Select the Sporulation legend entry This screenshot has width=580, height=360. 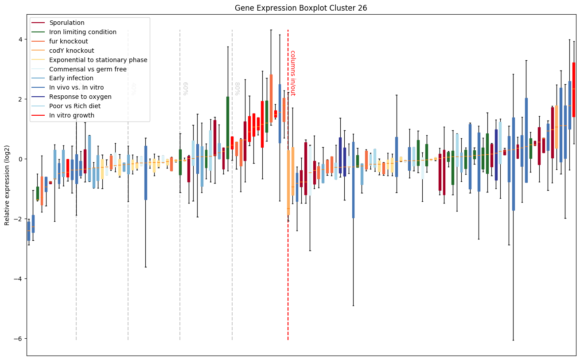point(67,23)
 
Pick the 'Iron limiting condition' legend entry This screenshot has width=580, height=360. point(83,32)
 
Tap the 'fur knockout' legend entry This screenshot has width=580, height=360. point(69,41)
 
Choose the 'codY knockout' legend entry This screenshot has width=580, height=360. point(71,51)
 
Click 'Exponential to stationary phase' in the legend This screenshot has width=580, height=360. point(98,60)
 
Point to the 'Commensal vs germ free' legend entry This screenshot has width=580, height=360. point(88,69)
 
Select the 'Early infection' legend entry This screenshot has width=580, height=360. point(71,78)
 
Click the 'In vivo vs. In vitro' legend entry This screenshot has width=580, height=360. point(76,88)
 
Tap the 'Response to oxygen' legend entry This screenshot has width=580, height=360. point(80,97)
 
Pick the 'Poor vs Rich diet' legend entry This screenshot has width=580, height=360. point(75,106)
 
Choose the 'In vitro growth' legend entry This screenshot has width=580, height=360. point(72,115)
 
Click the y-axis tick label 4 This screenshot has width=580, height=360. point(19,39)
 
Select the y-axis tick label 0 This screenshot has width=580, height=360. point(19,159)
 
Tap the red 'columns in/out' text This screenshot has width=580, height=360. point(292,73)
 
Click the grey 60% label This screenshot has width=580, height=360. point(185,88)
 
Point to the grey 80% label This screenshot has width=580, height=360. point(237,88)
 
